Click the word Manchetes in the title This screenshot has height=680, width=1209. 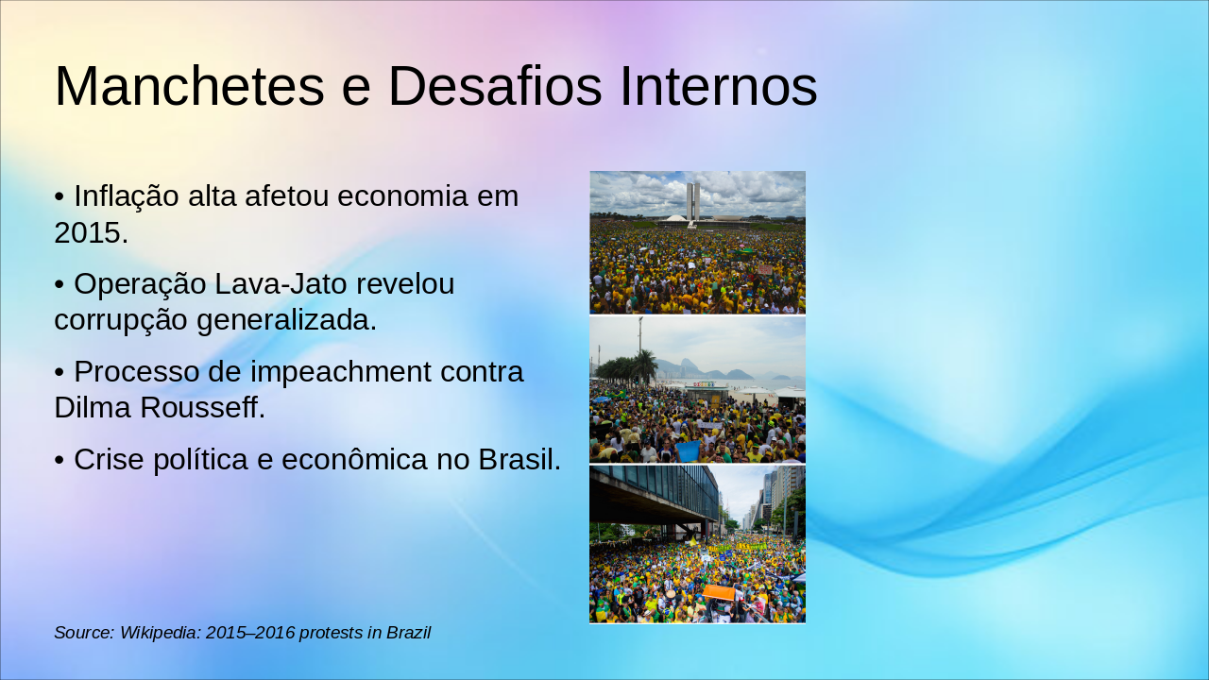(x=189, y=87)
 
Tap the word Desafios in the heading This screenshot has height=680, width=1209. (x=495, y=87)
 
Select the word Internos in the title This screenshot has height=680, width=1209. (x=718, y=87)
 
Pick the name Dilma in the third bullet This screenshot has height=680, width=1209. (x=94, y=408)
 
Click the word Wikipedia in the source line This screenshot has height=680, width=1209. (x=160, y=633)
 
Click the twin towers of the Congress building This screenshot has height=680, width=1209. (x=692, y=200)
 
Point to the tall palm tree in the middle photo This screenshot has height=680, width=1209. (x=645, y=364)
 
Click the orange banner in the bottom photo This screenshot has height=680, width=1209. (x=719, y=592)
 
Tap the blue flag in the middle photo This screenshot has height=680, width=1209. (x=689, y=450)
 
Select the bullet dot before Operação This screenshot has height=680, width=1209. (x=60, y=284)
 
